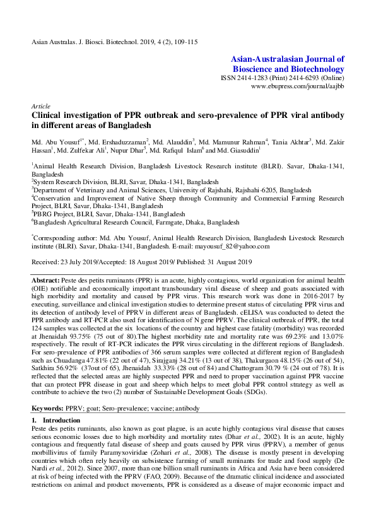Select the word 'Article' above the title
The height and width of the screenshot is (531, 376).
pos(40,107)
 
